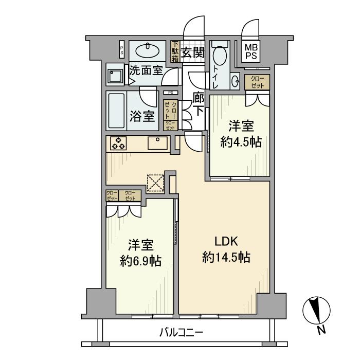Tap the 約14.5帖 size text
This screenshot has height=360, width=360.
pyautogui.click(x=226, y=258)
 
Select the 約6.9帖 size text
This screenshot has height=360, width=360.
pyautogui.click(x=140, y=261)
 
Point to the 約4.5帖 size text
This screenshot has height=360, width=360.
pyautogui.click(x=241, y=141)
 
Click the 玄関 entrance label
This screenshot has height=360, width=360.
pyautogui.click(x=193, y=52)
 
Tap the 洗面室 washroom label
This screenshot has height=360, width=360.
pyautogui.click(x=146, y=70)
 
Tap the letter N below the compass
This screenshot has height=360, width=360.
pyautogui.click(x=321, y=330)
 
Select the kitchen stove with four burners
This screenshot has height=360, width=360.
pyautogui.click(x=118, y=143)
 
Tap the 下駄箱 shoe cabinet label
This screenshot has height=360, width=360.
pyautogui.click(x=175, y=51)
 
